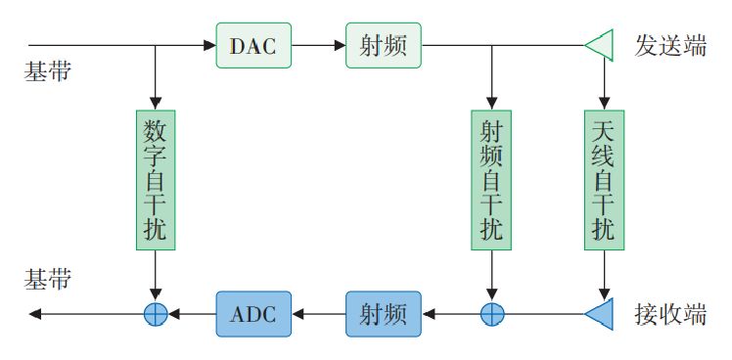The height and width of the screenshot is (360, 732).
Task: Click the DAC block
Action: point(253,45)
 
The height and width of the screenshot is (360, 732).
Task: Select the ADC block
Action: point(253,314)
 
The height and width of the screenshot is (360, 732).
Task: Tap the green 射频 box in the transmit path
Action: point(383,45)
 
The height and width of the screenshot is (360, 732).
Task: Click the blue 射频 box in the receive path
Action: point(383,314)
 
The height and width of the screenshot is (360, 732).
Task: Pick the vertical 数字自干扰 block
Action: point(155,179)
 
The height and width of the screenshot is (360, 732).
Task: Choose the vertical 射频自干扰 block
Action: point(491,179)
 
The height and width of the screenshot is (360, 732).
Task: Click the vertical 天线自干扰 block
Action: point(604,179)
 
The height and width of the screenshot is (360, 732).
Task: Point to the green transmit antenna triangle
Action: point(599,45)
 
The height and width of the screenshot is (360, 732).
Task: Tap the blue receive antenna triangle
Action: point(599,314)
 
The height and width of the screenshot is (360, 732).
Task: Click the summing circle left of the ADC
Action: point(155,314)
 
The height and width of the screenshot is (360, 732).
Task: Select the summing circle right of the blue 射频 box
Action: point(491,314)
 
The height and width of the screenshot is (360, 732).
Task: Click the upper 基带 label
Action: point(48,73)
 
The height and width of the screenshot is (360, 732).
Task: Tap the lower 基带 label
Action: point(48,280)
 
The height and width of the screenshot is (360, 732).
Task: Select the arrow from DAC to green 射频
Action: point(318,45)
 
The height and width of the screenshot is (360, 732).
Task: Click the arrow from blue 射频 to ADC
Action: point(318,314)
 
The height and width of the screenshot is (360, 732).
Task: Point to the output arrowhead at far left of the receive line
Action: point(36,314)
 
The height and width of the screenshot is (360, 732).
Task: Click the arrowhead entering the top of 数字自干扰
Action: point(155,102)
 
